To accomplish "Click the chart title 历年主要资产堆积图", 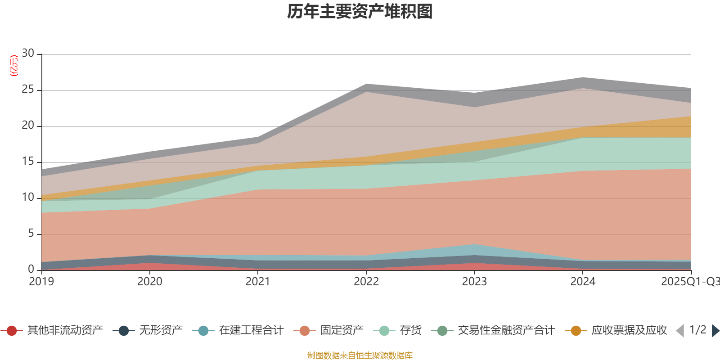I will (x=360, y=12).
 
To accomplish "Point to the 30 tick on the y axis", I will (x=28, y=54).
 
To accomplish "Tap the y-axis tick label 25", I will (x=28, y=90).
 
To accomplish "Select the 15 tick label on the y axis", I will (x=28, y=162).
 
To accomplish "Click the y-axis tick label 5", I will (x=31, y=234).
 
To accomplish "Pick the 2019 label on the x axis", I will (x=41, y=282).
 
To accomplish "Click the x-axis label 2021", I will (x=258, y=282).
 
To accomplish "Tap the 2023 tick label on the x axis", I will (x=474, y=282).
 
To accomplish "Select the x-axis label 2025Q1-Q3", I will (x=690, y=282).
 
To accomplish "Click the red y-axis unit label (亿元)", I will (x=14, y=66).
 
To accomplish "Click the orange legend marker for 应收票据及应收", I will (x=576, y=331).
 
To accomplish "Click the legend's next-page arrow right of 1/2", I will (x=715, y=331).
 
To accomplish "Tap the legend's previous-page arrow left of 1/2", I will (x=680, y=331).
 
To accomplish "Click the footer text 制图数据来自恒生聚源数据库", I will (x=360, y=355).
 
